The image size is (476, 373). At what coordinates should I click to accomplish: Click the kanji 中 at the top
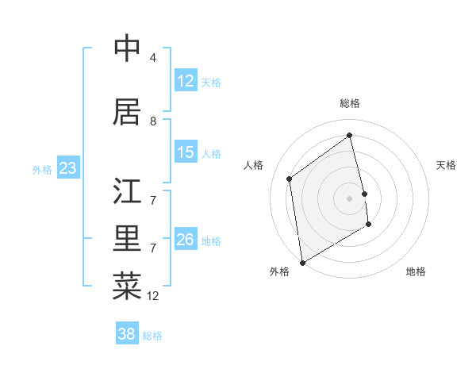tap(127, 48)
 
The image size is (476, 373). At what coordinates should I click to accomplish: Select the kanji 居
tap(127, 112)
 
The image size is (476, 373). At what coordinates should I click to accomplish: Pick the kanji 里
tap(127, 239)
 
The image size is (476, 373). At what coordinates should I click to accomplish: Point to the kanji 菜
tap(127, 286)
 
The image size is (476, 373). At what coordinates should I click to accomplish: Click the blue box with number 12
tap(186, 81)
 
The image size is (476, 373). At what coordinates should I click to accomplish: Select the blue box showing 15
tap(186, 152)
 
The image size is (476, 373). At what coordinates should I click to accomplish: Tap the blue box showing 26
tap(186, 240)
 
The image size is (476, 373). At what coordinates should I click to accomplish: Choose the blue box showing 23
tap(67, 168)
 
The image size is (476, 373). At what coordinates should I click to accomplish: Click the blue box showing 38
tap(127, 334)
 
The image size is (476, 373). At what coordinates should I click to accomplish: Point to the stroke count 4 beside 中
tap(153, 58)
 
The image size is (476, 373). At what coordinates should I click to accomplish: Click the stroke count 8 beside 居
tap(153, 121)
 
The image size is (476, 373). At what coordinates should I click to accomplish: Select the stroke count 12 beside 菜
tap(153, 296)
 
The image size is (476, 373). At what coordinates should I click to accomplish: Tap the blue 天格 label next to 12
tap(211, 83)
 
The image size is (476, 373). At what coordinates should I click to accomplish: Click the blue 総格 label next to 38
tap(152, 336)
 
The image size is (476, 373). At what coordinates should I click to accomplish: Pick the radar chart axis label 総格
tap(350, 103)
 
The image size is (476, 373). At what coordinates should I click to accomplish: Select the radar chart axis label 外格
tap(279, 271)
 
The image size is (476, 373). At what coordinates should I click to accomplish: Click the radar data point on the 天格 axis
tap(365, 194)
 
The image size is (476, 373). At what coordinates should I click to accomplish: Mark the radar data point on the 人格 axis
tap(290, 179)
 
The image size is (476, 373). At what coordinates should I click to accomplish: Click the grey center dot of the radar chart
tap(350, 198)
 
